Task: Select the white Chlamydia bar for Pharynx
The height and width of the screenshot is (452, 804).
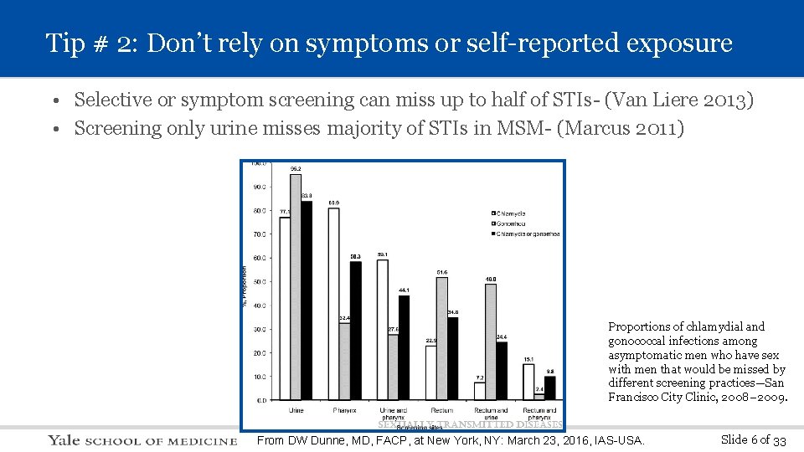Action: click(333, 306)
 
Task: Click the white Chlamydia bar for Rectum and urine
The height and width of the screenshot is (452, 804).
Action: click(479, 392)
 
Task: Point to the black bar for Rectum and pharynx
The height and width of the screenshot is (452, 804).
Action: click(550, 388)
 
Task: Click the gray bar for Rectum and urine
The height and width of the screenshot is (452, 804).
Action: click(491, 342)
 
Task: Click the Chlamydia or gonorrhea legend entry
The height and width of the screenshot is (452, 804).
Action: click(525, 234)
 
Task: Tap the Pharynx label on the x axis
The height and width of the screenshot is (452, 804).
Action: click(344, 410)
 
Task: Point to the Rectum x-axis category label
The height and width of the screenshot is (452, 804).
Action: click(441, 410)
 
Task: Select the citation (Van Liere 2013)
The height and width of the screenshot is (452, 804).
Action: click(678, 100)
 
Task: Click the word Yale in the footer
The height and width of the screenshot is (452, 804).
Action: click(64, 440)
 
